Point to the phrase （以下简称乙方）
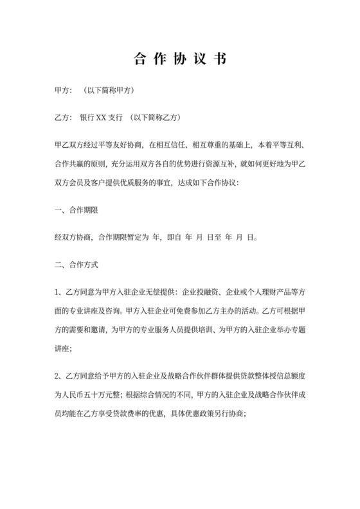(154, 118)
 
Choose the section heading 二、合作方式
(76, 264)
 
